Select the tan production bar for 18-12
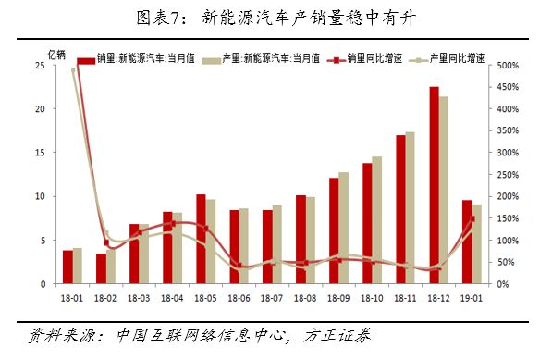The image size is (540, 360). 444,190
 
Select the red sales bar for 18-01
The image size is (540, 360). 67,267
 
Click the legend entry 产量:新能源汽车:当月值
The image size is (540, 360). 271,57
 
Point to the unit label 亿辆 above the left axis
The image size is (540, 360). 57,55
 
